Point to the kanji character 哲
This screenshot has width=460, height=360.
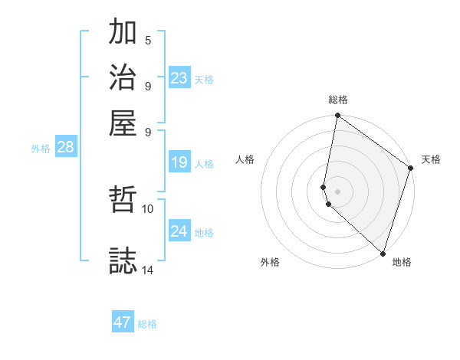click(x=123, y=201)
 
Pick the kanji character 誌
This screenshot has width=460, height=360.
click(x=123, y=260)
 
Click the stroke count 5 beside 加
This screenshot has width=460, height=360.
click(x=148, y=41)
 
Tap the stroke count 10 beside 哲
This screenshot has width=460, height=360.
click(x=148, y=208)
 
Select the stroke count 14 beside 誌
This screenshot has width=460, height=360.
click(x=148, y=269)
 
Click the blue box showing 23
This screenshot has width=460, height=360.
click(x=179, y=77)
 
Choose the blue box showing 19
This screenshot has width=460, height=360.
click(x=179, y=162)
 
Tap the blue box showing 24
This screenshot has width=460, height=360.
click(x=179, y=231)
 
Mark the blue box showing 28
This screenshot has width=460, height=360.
click(x=65, y=148)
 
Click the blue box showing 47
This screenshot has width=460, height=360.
click(x=123, y=322)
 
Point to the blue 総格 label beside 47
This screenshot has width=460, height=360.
click(x=147, y=324)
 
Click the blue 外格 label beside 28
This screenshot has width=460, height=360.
click(x=41, y=149)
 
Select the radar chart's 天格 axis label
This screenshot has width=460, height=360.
click(x=431, y=159)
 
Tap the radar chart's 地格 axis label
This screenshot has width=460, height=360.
click(x=402, y=262)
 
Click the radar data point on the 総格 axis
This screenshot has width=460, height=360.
click(x=337, y=116)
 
